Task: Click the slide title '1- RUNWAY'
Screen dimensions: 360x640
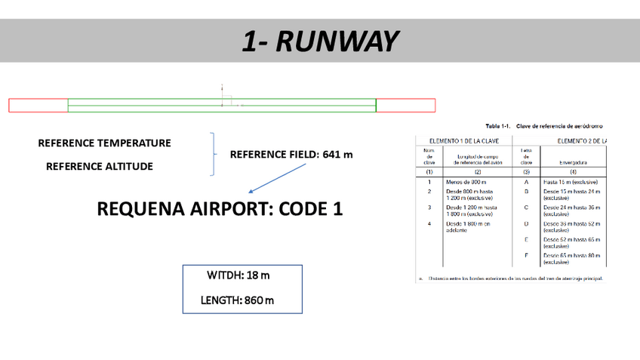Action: click(319, 42)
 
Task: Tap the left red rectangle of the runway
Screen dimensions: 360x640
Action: click(38, 106)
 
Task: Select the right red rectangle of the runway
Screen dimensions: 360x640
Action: click(405, 106)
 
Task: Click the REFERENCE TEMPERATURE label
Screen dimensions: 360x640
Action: click(104, 143)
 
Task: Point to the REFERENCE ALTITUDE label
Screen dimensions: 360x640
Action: click(99, 166)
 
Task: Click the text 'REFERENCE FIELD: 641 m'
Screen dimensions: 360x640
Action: click(291, 155)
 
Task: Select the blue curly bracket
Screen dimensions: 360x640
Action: click(214, 155)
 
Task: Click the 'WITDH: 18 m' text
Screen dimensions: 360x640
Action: click(238, 275)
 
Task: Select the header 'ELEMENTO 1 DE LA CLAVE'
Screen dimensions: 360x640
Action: click(463, 140)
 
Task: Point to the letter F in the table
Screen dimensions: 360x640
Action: click(525, 257)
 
